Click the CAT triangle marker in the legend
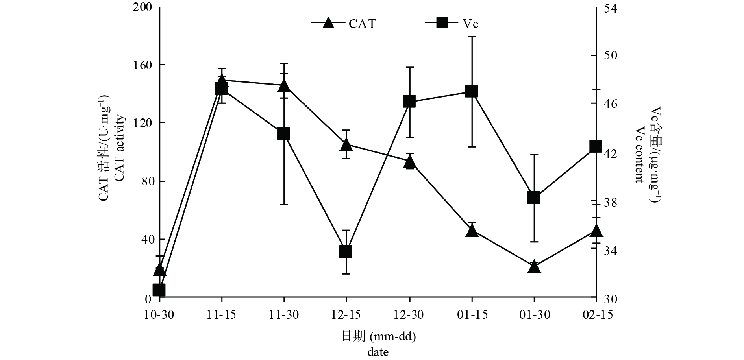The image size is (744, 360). coord(328,23)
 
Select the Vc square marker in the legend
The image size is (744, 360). coord(442,23)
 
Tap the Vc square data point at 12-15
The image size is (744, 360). coord(346,251)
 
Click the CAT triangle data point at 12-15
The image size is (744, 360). coord(346,145)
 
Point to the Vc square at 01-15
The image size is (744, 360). coord(471,91)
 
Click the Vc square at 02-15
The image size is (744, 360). coord(596,146)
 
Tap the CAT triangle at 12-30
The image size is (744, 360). coord(409,161)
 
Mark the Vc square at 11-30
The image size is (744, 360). coord(283,133)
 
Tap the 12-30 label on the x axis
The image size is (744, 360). coord(409,315)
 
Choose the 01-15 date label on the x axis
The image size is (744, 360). coord(472,315)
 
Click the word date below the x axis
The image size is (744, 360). coord(378,351)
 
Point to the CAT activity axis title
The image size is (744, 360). coord(120,149)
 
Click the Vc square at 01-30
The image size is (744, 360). coord(533,198)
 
